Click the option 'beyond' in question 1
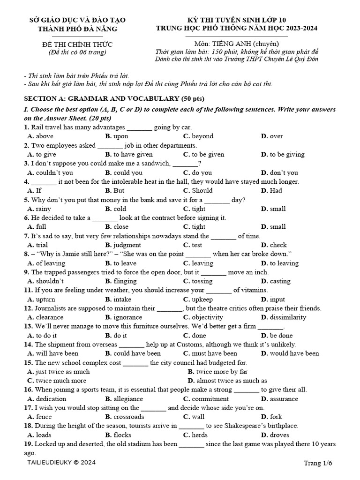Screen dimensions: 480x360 click(x=202, y=136)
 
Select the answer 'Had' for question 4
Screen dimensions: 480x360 click(x=276, y=191)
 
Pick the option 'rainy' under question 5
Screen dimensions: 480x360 click(x=44, y=209)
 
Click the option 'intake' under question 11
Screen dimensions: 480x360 click(x=122, y=300)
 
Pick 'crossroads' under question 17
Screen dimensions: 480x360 click(x=129, y=417)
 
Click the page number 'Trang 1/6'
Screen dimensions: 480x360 click(x=318, y=463)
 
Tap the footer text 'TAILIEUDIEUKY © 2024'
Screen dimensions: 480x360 click(x=62, y=463)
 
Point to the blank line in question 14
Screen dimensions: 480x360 click(x=132, y=345)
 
